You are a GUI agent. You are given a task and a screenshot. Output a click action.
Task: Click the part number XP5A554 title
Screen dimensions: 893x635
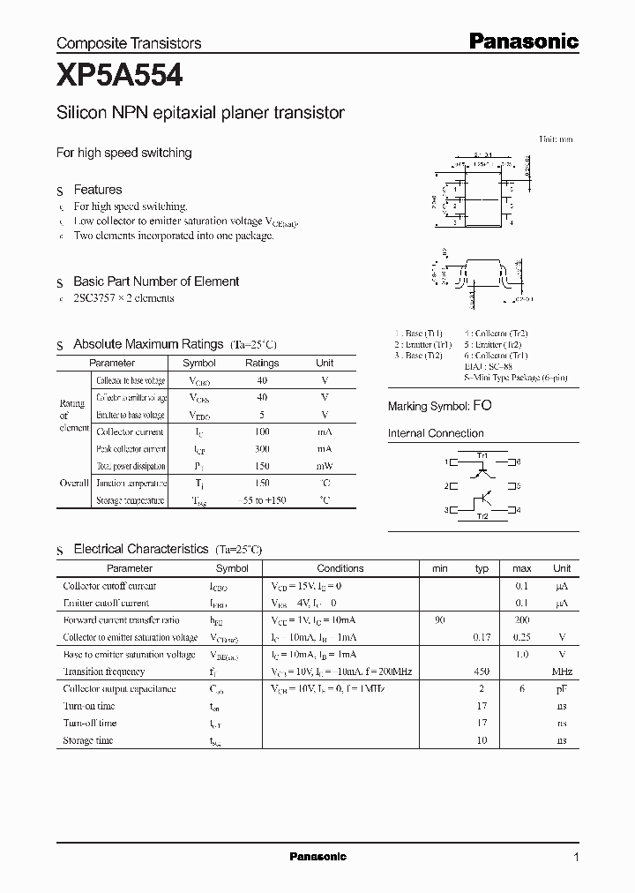[x=119, y=76]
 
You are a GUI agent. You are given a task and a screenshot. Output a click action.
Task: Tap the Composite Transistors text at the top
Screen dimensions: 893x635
[x=129, y=42]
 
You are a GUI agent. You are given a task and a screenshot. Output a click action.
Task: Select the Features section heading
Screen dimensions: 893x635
[x=97, y=190]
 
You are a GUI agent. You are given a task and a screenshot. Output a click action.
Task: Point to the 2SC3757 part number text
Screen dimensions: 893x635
[x=100, y=298]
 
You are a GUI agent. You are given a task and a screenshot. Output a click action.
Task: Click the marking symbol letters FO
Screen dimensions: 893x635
[x=482, y=406]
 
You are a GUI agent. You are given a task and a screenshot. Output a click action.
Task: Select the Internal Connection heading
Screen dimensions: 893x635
[x=436, y=433]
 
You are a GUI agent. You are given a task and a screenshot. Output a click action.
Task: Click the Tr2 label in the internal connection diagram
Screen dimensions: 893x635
[x=482, y=516]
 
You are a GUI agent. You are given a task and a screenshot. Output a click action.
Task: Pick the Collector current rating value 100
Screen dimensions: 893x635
[x=262, y=431]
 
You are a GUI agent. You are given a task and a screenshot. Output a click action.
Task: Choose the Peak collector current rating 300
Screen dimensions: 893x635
[x=262, y=449]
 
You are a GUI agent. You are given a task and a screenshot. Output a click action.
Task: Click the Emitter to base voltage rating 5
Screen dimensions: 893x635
[x=262, y=415]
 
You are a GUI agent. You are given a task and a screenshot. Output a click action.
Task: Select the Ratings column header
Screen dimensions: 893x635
[x=262, y=363]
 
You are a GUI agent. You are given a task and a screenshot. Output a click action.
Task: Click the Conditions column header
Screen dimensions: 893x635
[x=340, y=568]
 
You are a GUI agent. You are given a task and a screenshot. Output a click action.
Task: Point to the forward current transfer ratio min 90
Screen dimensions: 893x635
[x=440, y=620]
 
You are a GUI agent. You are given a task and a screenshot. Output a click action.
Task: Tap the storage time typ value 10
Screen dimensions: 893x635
[x=482, y=740]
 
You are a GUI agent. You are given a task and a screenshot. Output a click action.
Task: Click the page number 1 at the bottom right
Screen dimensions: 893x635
[x=576, y=857]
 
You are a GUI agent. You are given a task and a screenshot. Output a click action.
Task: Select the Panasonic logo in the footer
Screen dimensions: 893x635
[x=318, y=856]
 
